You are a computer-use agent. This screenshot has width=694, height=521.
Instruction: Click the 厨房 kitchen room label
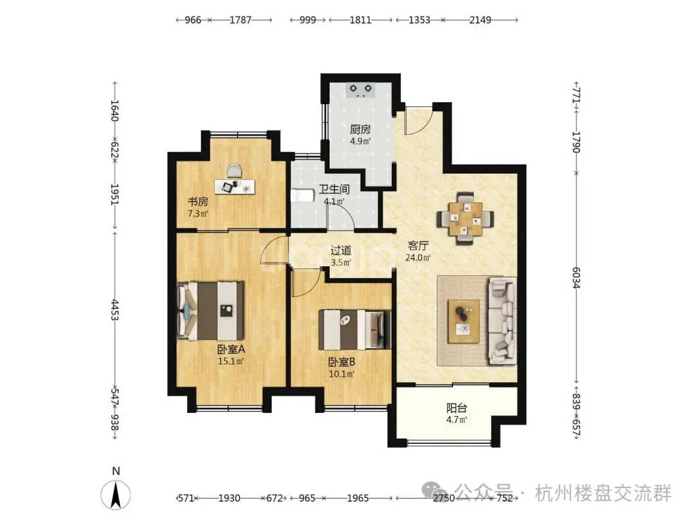click(360, 129)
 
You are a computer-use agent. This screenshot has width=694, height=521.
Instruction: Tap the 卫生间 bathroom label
click(334, 190)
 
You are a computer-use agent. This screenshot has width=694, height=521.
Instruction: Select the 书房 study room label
click(198, 202)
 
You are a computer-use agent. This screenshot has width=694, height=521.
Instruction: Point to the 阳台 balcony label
click(457, 408)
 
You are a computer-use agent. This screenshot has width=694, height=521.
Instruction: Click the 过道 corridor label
click(341, 250)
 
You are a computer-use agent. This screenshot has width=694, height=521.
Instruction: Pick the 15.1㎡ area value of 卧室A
click(231, 361)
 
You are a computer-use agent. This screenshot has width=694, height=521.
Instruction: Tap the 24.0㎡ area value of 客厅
click(418, 257)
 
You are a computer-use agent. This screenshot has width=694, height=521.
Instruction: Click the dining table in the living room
click(465, 219)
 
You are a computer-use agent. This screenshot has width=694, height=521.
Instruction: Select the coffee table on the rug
click(463, 321)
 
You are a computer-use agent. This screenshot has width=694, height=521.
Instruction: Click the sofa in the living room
click(502, 321)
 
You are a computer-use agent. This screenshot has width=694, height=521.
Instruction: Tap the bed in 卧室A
click(211, 311)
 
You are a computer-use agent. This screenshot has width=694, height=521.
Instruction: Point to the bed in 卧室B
click(355, 329)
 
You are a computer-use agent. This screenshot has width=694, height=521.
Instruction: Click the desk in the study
click(235, 186)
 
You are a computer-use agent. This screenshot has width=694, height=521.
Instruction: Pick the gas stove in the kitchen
click(360, 90)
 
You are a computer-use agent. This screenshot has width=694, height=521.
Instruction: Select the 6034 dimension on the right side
click(576, 278)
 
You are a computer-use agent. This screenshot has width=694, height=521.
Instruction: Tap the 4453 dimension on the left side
click(114, 309)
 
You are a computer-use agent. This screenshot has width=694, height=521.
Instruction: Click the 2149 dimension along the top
click(480, 20)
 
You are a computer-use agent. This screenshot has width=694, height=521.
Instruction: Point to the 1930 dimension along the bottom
click(229, 498)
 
